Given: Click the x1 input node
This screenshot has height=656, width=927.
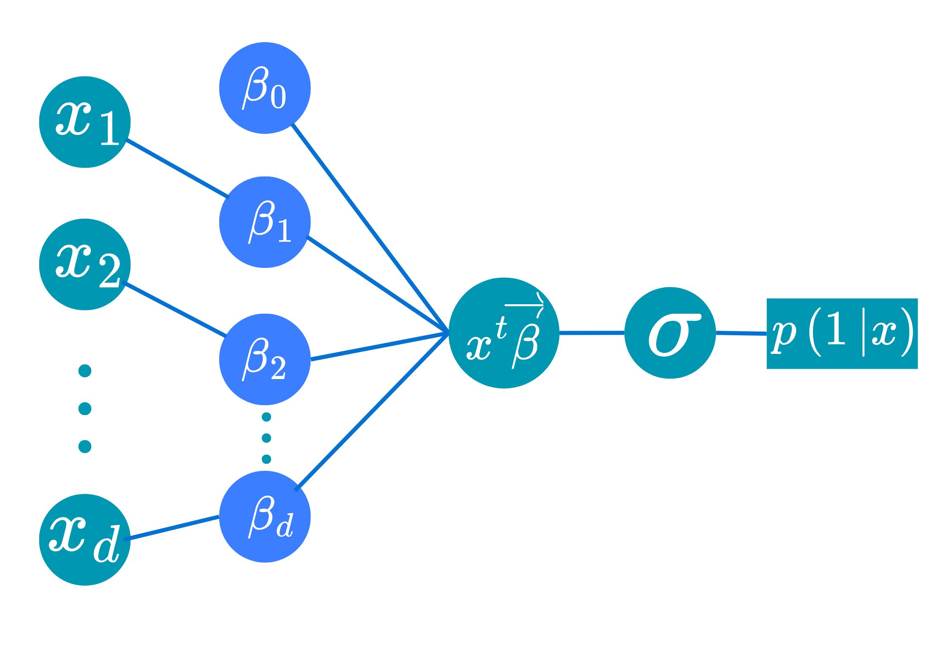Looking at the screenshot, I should pyautogui.click(x=85, y=122).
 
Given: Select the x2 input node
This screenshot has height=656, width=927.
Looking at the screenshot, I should pyautogui.click(x=85, y=265).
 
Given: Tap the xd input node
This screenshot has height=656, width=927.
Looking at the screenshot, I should pyautogui.click(x=85, y=540).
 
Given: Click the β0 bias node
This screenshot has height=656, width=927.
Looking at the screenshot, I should pyautogui.click(x=265, y=88).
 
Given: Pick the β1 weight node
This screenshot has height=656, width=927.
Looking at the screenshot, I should pyautogui.click(x=265, y=222).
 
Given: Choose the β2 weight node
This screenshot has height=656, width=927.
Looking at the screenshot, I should pyautogui.click(x=265, y=359).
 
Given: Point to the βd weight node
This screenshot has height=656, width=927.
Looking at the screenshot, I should pyautogui.click(x=265, y=517).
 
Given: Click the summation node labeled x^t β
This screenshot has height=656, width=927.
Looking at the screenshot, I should pyautogui.click(x=504, y=333).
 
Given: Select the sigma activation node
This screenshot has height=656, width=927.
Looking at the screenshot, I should pyautogui.click(x=670, y=333).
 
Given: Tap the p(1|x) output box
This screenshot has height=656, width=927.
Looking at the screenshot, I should pyautogui.click(x=842, y=334).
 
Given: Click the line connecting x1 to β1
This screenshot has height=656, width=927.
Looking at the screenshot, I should pyautogui.click(x=178, y=169).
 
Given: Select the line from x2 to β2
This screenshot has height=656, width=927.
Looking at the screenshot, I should pyautogui.click(x=174, y=309).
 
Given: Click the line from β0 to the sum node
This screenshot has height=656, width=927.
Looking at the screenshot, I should pyautogui.click(x=370, y=227).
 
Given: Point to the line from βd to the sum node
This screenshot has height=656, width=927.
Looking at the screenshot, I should pyautogui.click(x=372, y=411).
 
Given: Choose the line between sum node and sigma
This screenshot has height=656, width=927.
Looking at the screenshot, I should pyautogui.click(x=592, y=332).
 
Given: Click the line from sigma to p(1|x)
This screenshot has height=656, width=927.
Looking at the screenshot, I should pyautogui.click(x=741, y=333).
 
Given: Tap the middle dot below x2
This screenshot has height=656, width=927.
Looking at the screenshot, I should pyautogui.click(x=85, y=409).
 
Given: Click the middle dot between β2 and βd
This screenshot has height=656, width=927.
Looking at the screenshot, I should pyautogui.click(x=266, y=438).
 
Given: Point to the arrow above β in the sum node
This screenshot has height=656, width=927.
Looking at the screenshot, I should pyautogui.click(x=524, y=305).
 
